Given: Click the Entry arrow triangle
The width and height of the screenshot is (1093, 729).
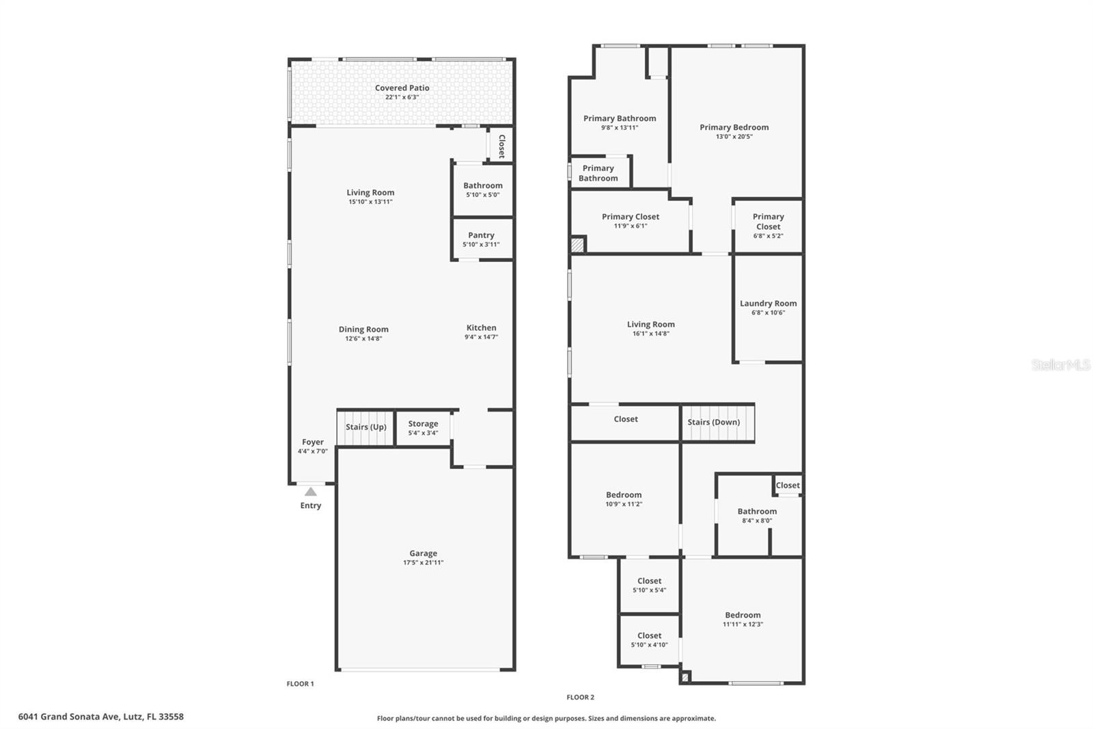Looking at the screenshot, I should click(x=311, y=491).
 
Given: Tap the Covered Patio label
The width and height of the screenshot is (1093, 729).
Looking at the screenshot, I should click(x=402, y=88).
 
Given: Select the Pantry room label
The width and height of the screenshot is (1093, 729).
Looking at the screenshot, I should click(x=481, y=235).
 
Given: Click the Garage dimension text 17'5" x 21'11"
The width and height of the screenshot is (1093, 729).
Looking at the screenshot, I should click(x=423, y=563).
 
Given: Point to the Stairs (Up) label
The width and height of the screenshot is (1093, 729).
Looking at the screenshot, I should click(x=365, y=427).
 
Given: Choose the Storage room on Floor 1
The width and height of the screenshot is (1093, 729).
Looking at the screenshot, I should click(x=423, y=427).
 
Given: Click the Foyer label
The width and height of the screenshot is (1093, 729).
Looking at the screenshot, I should click(x=313, y=442).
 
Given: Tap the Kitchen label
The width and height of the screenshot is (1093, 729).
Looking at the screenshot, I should click(x=481, y=328).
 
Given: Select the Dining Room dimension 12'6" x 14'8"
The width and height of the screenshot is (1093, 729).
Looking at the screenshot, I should click(x=363, y=339).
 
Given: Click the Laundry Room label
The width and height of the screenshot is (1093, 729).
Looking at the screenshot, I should click(x=768, y=304).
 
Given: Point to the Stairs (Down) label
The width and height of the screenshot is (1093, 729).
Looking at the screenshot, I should click(x=713, y=423).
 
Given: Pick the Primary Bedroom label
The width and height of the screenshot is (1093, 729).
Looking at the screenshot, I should click(x=734, y=127).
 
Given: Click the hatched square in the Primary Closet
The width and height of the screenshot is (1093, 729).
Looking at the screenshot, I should click(x=578, y=245).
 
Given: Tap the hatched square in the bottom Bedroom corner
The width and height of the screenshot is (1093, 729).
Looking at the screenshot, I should click(x=685, y=677).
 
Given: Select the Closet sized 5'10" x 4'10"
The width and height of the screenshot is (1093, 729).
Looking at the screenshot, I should click(x=649, y=640).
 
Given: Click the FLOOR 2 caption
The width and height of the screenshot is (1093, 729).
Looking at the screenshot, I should click(x=580, y=698).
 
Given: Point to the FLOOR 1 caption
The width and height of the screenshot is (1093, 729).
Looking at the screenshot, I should click(x=300, y=684).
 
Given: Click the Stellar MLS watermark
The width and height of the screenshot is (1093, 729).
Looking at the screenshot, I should click(x=1060, y=365).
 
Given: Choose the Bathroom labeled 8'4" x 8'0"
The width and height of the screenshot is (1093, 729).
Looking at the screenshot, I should click(x=757, y=516).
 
